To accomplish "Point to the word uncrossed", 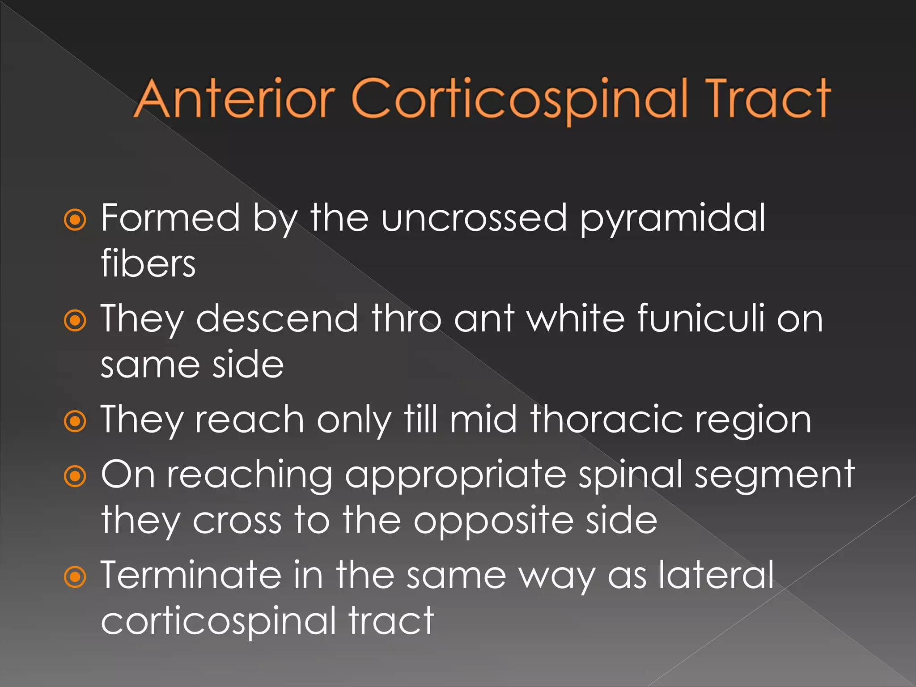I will click(x=474, y=218).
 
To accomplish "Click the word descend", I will click(x=277, y=318).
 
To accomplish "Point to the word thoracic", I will click(x=606, y=420).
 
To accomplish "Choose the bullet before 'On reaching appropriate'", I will click(x=75, y=477).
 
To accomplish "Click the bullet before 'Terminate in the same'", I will click(x=75, y=577).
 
